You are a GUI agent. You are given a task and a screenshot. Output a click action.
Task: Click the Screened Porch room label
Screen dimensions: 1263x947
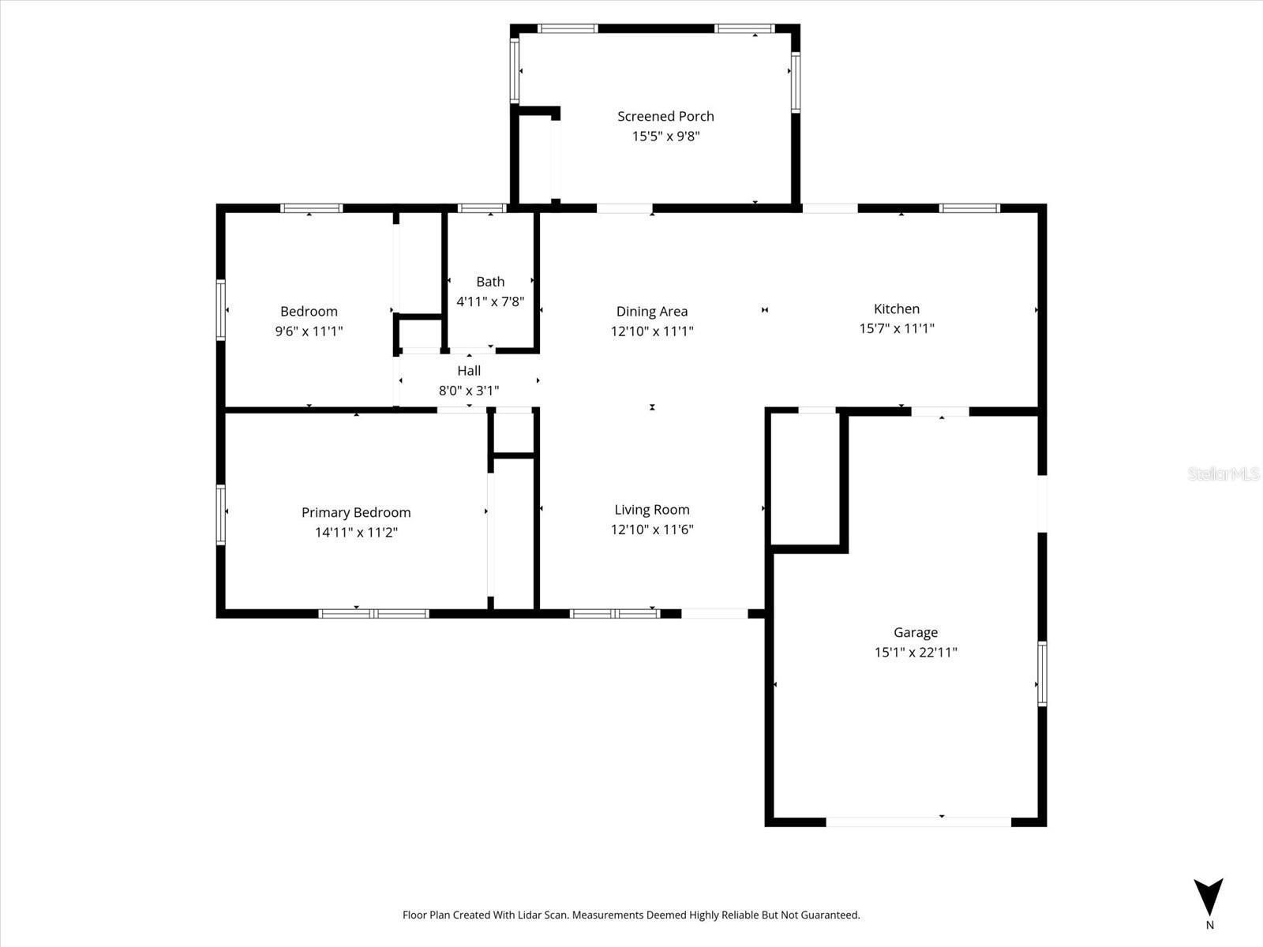[665, 116]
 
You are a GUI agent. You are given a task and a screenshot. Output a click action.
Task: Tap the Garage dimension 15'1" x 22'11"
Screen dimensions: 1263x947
[916, 652]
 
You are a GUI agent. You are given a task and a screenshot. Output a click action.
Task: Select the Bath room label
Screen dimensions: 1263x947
[490, 282]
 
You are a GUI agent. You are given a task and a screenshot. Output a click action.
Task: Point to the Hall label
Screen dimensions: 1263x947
[469, 371]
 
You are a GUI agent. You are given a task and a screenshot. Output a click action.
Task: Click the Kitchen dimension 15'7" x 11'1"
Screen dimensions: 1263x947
[897, 328]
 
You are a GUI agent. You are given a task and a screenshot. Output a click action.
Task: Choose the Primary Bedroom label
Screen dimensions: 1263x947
[356, 512]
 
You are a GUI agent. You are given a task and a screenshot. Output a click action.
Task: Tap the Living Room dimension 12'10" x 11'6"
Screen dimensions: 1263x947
[652, 530]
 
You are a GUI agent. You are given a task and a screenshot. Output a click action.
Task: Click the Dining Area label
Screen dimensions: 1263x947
[652, 312]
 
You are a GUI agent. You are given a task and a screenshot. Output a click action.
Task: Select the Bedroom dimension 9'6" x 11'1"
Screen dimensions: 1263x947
[309, 331]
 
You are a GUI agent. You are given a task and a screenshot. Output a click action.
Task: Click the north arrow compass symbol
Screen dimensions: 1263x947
[1209, 897]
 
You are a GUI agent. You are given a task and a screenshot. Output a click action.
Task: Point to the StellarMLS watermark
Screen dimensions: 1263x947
[1224, 474]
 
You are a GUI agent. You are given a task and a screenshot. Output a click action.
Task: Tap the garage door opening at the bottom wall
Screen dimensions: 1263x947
[918, 822]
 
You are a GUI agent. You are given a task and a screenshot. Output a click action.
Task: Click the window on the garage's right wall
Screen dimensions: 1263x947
[1042, 673]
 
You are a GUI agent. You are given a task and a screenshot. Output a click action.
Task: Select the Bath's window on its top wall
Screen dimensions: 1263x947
[482, 209]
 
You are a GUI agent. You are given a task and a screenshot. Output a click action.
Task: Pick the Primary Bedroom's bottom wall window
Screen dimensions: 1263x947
[374, 613]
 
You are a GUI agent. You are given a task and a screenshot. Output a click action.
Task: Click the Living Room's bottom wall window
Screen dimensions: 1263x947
[615, 613]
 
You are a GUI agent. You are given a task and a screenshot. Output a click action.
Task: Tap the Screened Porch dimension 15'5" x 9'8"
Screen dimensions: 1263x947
[665, 136]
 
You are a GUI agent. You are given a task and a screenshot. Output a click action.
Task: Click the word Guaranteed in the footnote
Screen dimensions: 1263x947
[830, 915]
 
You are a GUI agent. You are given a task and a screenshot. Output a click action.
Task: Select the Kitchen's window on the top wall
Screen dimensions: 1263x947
[969, 209]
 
